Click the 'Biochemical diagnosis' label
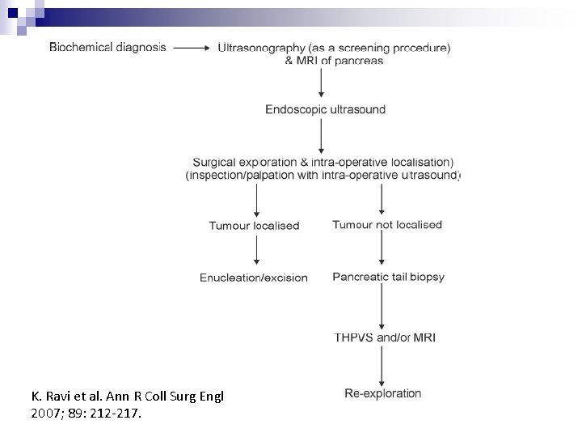point(108,48)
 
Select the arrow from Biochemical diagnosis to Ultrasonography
point(191,48)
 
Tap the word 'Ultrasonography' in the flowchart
point(260,48)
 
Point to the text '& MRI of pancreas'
point(334,61)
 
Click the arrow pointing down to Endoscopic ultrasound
point(322,84)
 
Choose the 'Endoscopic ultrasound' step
point(325,110)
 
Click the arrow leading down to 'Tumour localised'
point(256,200)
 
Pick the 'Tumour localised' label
point(254,226)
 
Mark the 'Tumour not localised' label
point(387,225)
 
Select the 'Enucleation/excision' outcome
point(254,278)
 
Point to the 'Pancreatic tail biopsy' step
point(388,277)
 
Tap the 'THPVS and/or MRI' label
point(385,337)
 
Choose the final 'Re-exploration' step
point(383,394)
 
